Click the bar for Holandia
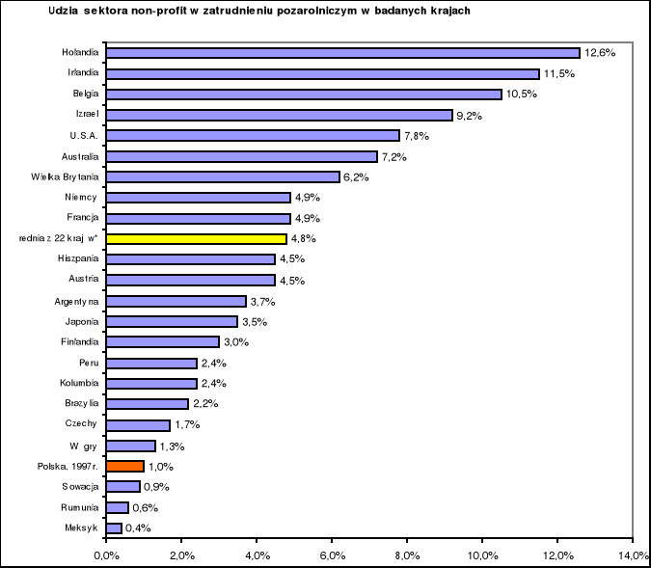pos(342,53)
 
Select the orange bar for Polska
pos(125,466)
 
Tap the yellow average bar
pos(197,238)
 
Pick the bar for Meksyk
pos(114,527)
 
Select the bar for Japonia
pos(172,321)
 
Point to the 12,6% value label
pos(599,53)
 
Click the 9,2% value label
pos(471,115)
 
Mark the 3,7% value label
pos(264,301)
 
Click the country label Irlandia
pos(81,73)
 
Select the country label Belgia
pos(85,95)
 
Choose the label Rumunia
pos(81,507)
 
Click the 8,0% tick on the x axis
pos(407,554)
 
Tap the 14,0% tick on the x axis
pos(632,554)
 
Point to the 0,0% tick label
pos(106,554)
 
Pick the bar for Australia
pos(241,156)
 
